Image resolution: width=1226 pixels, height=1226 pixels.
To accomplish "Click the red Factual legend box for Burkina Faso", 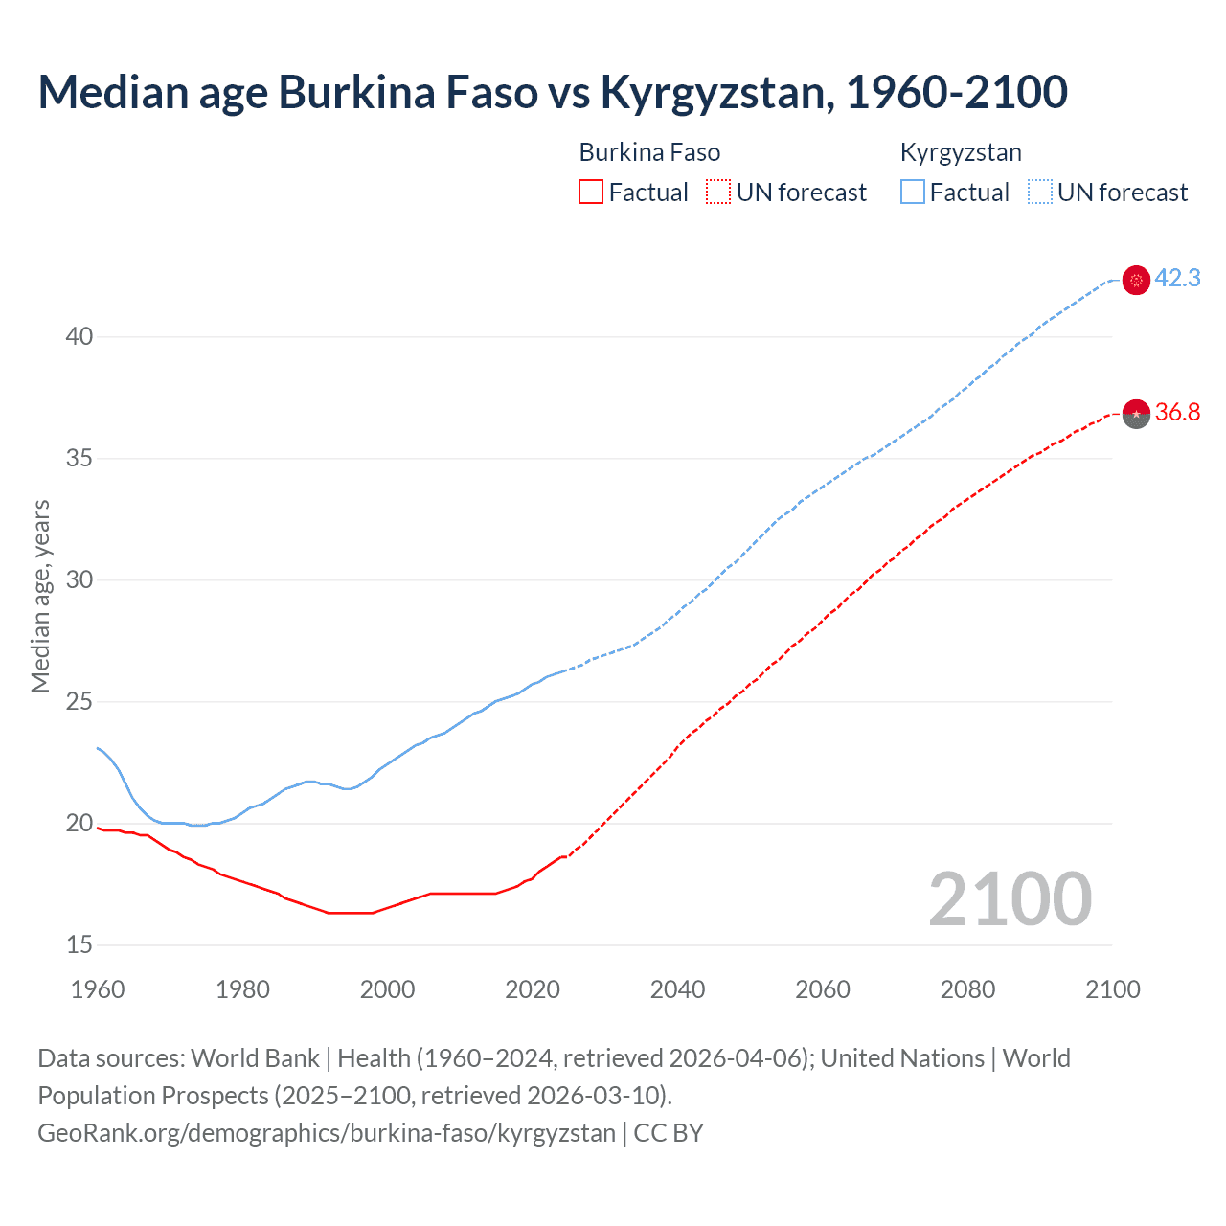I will (x=591, y=193).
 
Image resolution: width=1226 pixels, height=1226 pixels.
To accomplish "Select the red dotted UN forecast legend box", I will (x=718, y=193).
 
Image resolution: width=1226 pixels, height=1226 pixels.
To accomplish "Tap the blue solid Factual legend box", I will (x=913, y=193).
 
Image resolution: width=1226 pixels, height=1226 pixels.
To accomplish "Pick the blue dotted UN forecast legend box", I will (x=1040, y=193).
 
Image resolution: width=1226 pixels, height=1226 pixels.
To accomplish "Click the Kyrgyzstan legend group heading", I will (x=961, y=152).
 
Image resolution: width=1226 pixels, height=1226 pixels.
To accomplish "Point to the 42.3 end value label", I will (x=1177, y=279).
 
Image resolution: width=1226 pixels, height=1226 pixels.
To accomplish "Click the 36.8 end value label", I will (x=1177, y=413).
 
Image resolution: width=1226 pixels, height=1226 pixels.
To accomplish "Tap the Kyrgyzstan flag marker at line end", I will (x=1136, y=281).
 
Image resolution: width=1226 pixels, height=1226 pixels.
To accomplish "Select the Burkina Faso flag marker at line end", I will (x=1136, y=414).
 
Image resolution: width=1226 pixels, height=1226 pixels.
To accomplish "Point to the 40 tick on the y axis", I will (x=79, y=337).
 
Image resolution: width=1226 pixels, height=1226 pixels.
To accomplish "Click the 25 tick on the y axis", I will (x=79, y=702).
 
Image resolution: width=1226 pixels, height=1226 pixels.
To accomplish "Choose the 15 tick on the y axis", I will (x=79, y=945).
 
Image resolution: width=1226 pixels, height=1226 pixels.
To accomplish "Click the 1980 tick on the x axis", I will (x=242, y=989).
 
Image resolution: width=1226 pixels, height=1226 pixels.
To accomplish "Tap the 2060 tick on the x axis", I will (x=823, y=989).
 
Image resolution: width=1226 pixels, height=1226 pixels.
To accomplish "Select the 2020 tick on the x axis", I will (x=533, y=989).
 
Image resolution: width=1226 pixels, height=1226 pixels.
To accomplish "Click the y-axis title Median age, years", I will (x=40, y=596).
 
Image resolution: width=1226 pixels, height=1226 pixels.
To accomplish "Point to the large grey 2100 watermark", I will (x=1010, y=898).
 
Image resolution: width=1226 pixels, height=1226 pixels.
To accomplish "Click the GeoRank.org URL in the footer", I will (x=326, y=1133).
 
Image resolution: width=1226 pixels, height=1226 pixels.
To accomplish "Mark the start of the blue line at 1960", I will (x=98, y=748).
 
